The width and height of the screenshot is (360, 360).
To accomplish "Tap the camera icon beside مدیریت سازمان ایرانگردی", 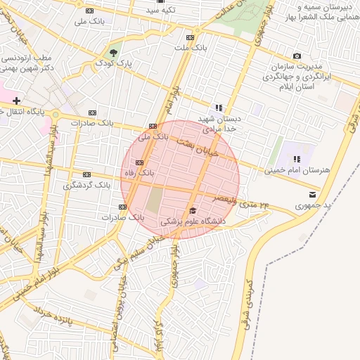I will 297,56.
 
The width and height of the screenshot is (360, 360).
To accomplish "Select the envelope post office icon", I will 312,194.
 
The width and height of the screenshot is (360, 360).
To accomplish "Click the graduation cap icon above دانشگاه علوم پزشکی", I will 193,210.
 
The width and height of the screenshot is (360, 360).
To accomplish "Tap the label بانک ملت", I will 191,48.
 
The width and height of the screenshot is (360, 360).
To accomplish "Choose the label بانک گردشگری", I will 87,185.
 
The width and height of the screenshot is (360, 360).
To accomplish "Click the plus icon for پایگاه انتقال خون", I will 16,101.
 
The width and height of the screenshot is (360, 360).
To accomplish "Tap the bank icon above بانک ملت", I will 190,38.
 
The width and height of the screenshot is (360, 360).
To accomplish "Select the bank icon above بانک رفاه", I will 139,163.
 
